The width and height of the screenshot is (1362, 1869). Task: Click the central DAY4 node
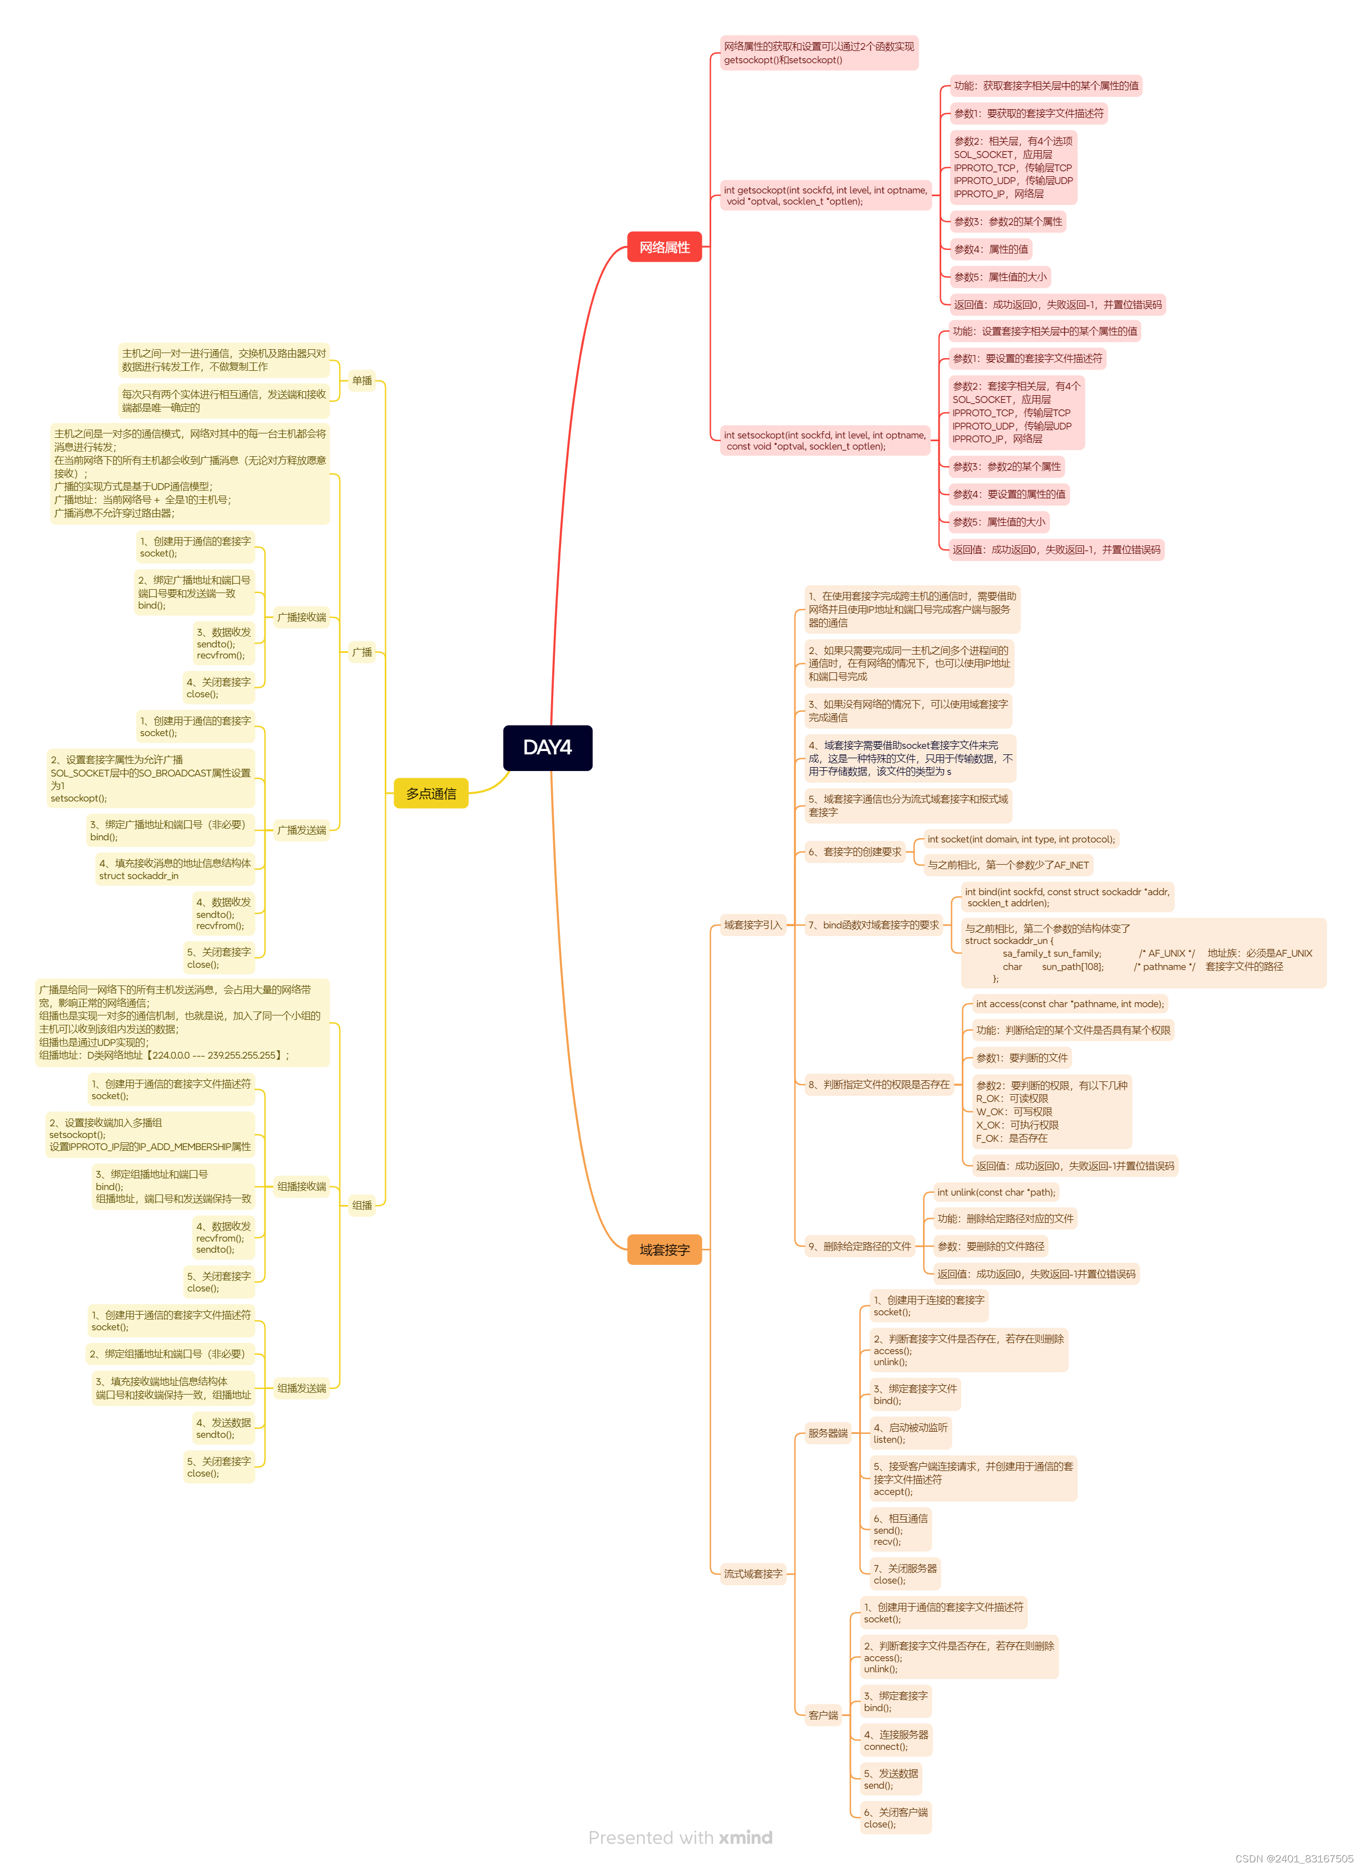[548, 747]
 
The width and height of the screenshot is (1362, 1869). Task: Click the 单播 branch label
[362, 380]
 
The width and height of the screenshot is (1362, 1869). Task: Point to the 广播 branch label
[362, 652]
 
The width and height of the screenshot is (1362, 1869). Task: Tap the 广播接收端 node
[302, 617]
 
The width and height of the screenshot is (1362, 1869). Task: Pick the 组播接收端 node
[302, 1186]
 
